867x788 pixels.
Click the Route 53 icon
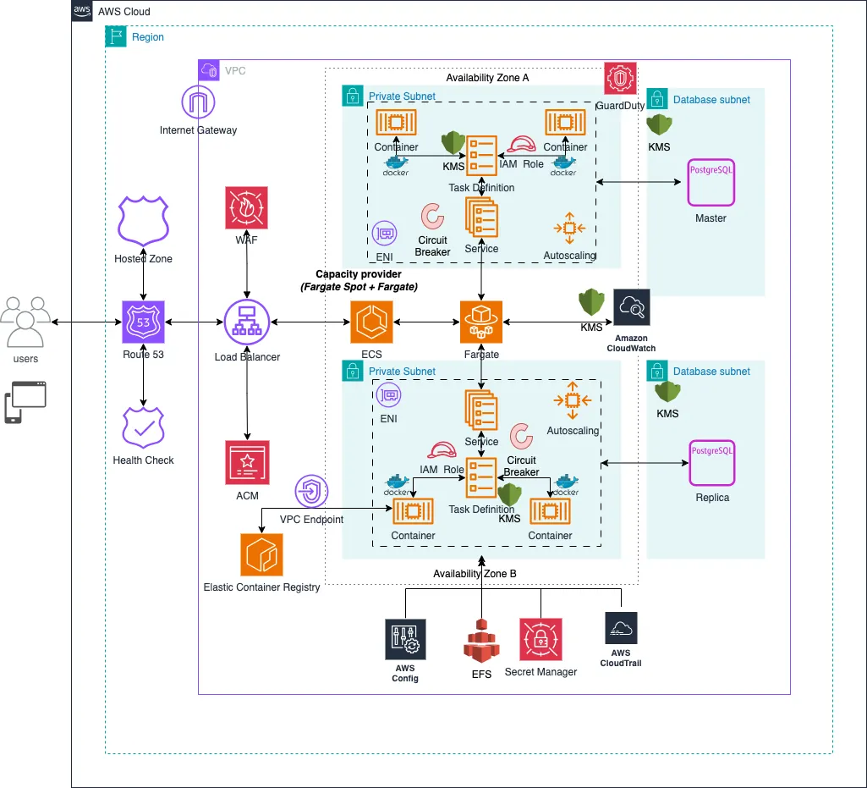pos(143,322)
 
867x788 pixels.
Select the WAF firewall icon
pos(247,207)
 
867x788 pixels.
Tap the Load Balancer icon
pos(246,322)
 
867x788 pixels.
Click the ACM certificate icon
pos(247,462)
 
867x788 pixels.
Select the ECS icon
pos(371,322)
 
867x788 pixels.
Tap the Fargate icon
pos(481,322)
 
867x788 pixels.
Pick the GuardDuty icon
pos(621,79)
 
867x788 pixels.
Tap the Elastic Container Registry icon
pos(261,554)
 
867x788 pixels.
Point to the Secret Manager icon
pos(541,640)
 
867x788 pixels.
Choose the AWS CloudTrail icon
pos(621,630)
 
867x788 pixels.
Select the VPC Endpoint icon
pos(312,491)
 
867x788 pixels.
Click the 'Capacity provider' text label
pos(359,274)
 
